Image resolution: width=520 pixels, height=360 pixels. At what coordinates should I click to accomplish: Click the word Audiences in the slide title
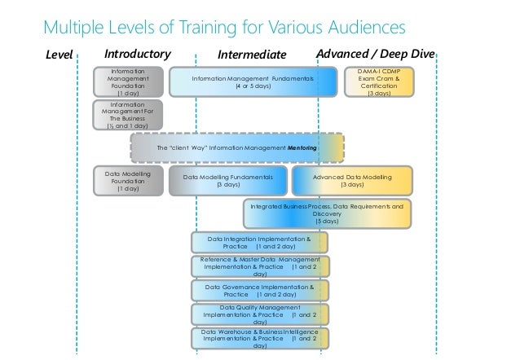click(x=358, y=29)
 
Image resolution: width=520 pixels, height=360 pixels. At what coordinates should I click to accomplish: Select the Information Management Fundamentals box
click(x=252, y=81)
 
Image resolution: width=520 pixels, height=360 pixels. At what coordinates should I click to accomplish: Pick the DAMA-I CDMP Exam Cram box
click(x=379, y=81)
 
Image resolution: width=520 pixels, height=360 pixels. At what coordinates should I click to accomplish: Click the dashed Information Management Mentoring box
click(x=236, y=149)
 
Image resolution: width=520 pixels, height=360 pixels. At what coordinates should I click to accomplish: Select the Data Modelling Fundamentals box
click(x=228, y=182)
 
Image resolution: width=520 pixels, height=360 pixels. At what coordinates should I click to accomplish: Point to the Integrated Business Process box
click(x=326, y=213)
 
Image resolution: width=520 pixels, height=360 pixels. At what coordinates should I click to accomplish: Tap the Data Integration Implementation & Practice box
click(x=259, y=242)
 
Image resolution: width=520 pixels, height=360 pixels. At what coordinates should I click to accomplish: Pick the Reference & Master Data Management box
click(x=259, y=266)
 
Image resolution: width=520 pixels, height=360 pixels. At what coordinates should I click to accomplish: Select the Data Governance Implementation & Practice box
click(x=259, y=291)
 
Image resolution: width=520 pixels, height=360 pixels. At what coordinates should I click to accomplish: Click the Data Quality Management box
click(x=259, y=314)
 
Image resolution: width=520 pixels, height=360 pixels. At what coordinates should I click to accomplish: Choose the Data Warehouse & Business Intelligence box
click(x=259, y=338)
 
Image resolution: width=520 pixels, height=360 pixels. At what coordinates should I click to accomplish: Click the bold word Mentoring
click(x=302, y=149)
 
